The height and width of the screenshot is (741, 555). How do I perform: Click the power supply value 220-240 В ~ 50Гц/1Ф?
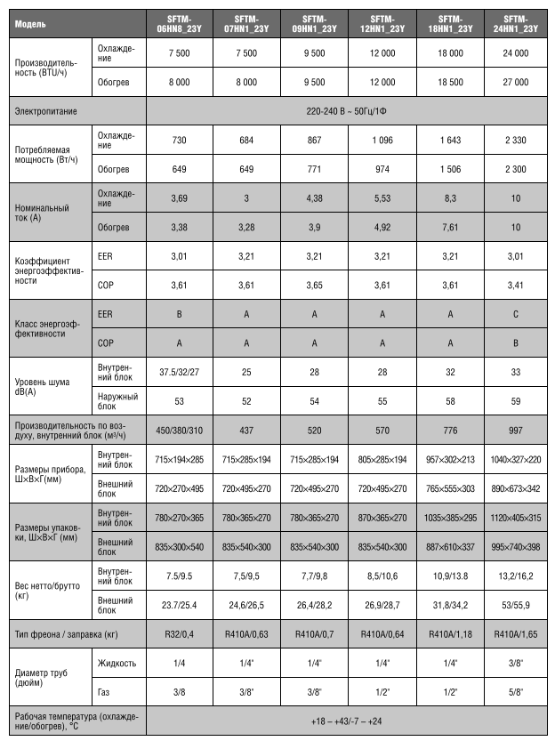[x=347, y=112]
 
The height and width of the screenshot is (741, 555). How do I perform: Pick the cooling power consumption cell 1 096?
[x=382, y=141]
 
